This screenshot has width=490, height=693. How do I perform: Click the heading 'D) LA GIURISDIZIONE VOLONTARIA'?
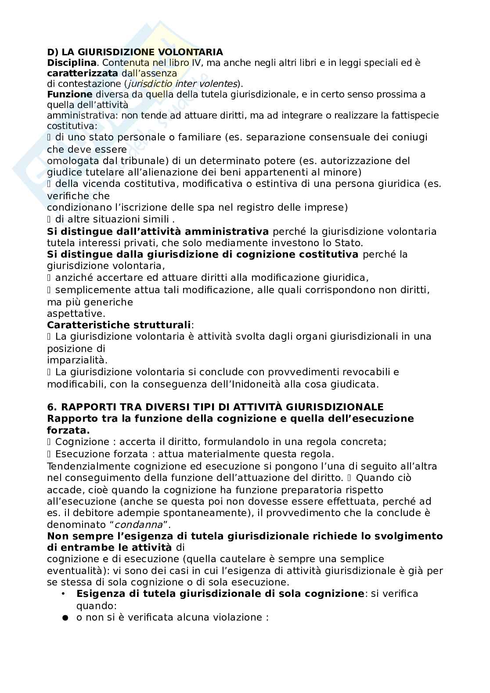point(135,52)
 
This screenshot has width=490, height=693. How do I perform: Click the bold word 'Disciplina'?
point(71,63)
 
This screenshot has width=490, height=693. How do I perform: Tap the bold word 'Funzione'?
point(69,94)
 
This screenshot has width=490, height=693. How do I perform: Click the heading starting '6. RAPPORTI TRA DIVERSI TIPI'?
point(215,407)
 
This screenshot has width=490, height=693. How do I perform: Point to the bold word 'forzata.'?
point(65,430)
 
